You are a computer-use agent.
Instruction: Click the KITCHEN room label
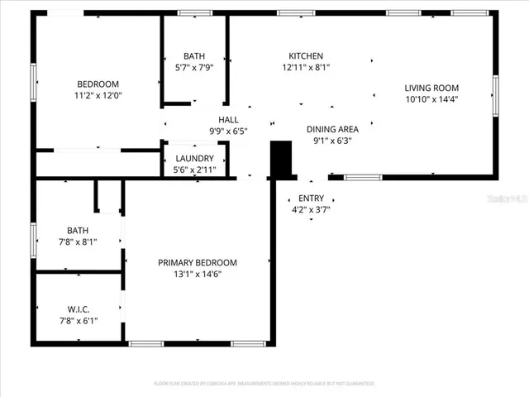click(300, 56)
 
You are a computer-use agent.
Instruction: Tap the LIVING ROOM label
click(431, 88)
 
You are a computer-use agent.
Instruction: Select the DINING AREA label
click(332, 129)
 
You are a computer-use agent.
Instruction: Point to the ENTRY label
click(311, 198)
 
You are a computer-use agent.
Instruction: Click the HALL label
click(228, 120)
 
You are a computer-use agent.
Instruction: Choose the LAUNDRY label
click(195, 159)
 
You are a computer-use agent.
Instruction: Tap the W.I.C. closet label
click(79, 309)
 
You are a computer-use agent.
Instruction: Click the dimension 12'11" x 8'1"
click(300, 69)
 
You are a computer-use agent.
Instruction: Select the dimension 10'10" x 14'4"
click(431, 100)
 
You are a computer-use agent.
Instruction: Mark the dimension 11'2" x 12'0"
click(98, 96)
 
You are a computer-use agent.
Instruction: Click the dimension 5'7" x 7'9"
click(195, 69)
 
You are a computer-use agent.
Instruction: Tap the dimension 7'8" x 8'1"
click(79, 243)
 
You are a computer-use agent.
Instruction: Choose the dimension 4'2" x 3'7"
click(311, 211)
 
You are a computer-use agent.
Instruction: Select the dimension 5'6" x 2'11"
click(195, 170)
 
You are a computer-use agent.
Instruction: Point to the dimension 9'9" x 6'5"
click(228, 132)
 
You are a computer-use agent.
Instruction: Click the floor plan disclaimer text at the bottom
click(264, 384)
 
